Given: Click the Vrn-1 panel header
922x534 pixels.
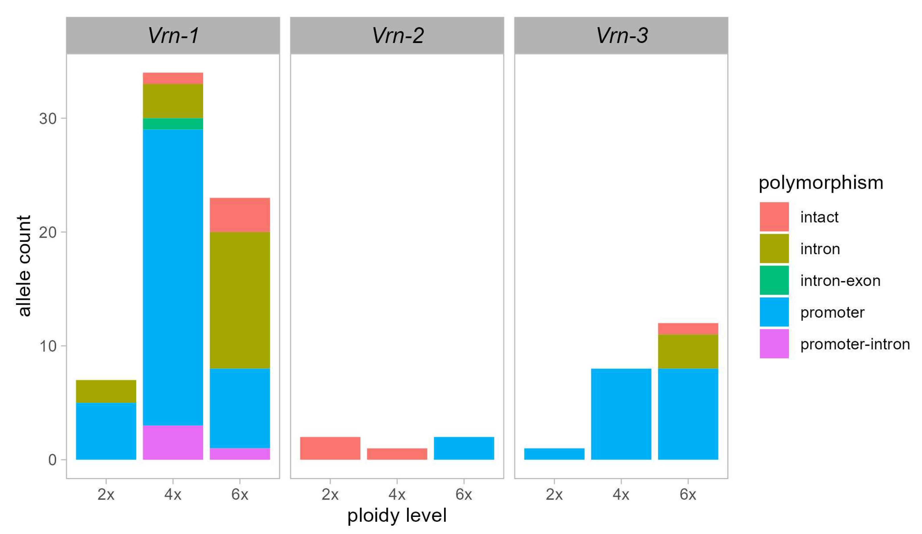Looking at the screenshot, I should [173, 36].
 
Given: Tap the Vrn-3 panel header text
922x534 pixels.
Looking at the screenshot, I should [621, 36].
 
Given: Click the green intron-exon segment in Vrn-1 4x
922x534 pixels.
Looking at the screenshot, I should [173, 124].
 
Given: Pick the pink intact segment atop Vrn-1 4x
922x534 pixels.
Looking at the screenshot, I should [173, 78].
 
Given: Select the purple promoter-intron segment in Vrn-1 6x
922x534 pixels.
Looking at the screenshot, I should [240, 454].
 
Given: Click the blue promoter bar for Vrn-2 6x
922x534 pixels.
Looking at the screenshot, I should [464, 448].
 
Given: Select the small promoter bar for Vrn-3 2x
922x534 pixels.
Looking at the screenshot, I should [554, 454].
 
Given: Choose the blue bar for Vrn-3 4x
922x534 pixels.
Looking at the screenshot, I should [621, 414].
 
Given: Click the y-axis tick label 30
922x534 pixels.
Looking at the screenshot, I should [48, 119].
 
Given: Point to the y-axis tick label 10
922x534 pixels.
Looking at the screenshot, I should [48, 346].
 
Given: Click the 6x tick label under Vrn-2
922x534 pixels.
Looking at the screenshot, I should [464, 494].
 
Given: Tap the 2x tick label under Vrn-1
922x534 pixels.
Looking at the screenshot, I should [106, 494].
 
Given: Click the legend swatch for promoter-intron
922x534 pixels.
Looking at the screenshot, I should [774, 343].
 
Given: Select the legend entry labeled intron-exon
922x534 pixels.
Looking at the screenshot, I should [840, 281].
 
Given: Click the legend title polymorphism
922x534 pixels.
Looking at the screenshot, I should [821, 182].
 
